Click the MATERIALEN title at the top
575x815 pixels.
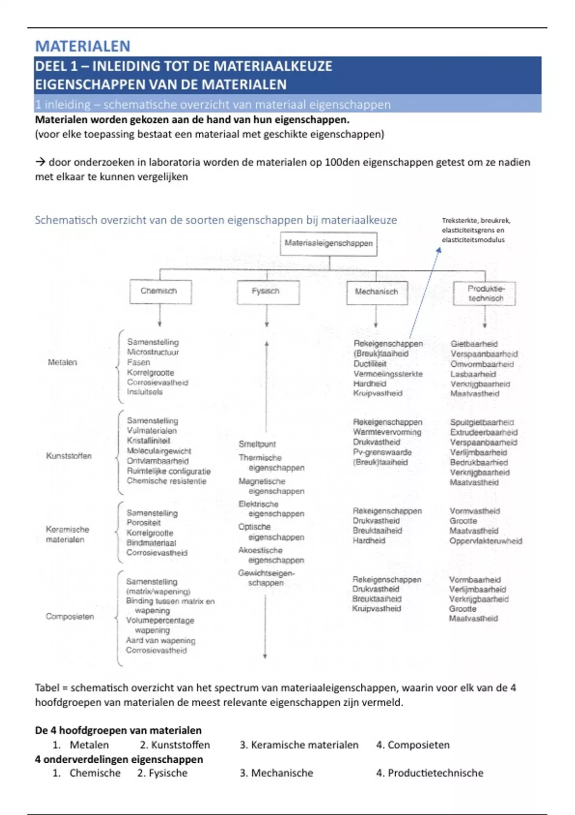[x=82, y=46]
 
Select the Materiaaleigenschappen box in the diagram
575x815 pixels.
[x=329, y=243]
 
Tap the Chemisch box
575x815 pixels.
[x=160, y=291]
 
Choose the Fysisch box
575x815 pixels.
[x=267, y=291]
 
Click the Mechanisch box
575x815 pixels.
[x=377, y=292]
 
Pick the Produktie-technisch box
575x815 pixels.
[x=485, y=293]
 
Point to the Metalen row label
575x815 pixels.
[x=62, y=362]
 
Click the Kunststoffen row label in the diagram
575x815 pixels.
[x=69, y=456]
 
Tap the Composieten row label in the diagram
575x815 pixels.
[x=70, y=617]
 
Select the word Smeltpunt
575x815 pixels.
[x=257, y=444]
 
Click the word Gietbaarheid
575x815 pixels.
[x=474, y=344]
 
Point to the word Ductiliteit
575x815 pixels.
[x=370, y=364]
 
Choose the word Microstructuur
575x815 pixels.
[x=153, y=352]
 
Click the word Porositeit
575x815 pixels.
[x=143, y=523]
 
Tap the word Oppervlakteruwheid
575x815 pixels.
[x=485, y=541]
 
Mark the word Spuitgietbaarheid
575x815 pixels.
[x=482, y=422]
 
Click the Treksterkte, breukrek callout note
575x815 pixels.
[x=475, y=230]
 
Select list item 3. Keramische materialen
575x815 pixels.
[x=299, y=745]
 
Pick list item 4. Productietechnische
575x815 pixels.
[x=429, y=773]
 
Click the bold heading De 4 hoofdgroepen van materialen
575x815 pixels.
[x=118, y=730]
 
